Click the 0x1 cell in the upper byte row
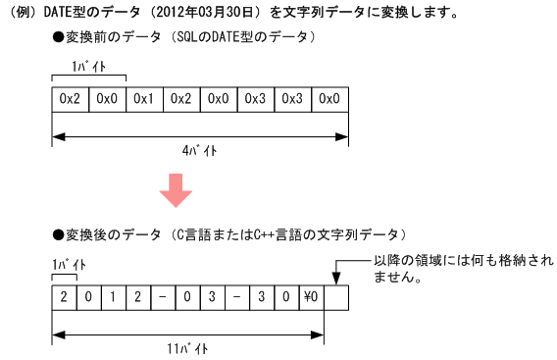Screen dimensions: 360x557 (143, 99)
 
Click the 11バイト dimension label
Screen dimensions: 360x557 (187, 348)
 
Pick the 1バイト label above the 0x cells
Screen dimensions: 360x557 (88, 68)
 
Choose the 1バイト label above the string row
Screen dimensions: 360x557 (68, 265)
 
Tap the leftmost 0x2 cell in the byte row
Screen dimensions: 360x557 (70, 99)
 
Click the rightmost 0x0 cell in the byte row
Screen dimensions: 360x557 (329, 99)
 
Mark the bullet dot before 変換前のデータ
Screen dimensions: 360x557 (59, 36)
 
